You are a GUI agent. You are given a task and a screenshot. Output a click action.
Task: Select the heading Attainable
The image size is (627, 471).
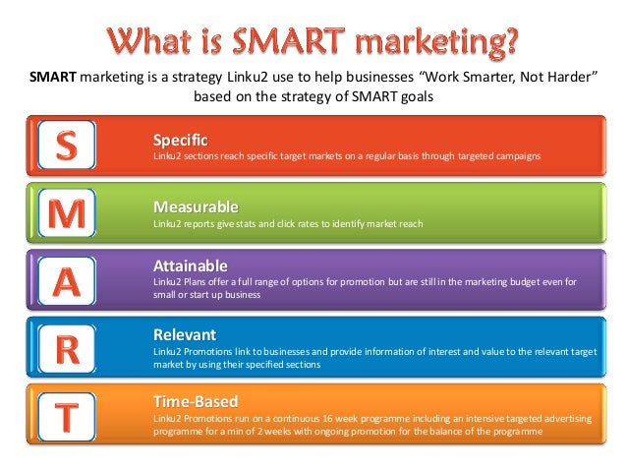click(x=191, y=265)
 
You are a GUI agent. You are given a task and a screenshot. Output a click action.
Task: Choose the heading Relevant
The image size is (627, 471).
click(x=185, y=334)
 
